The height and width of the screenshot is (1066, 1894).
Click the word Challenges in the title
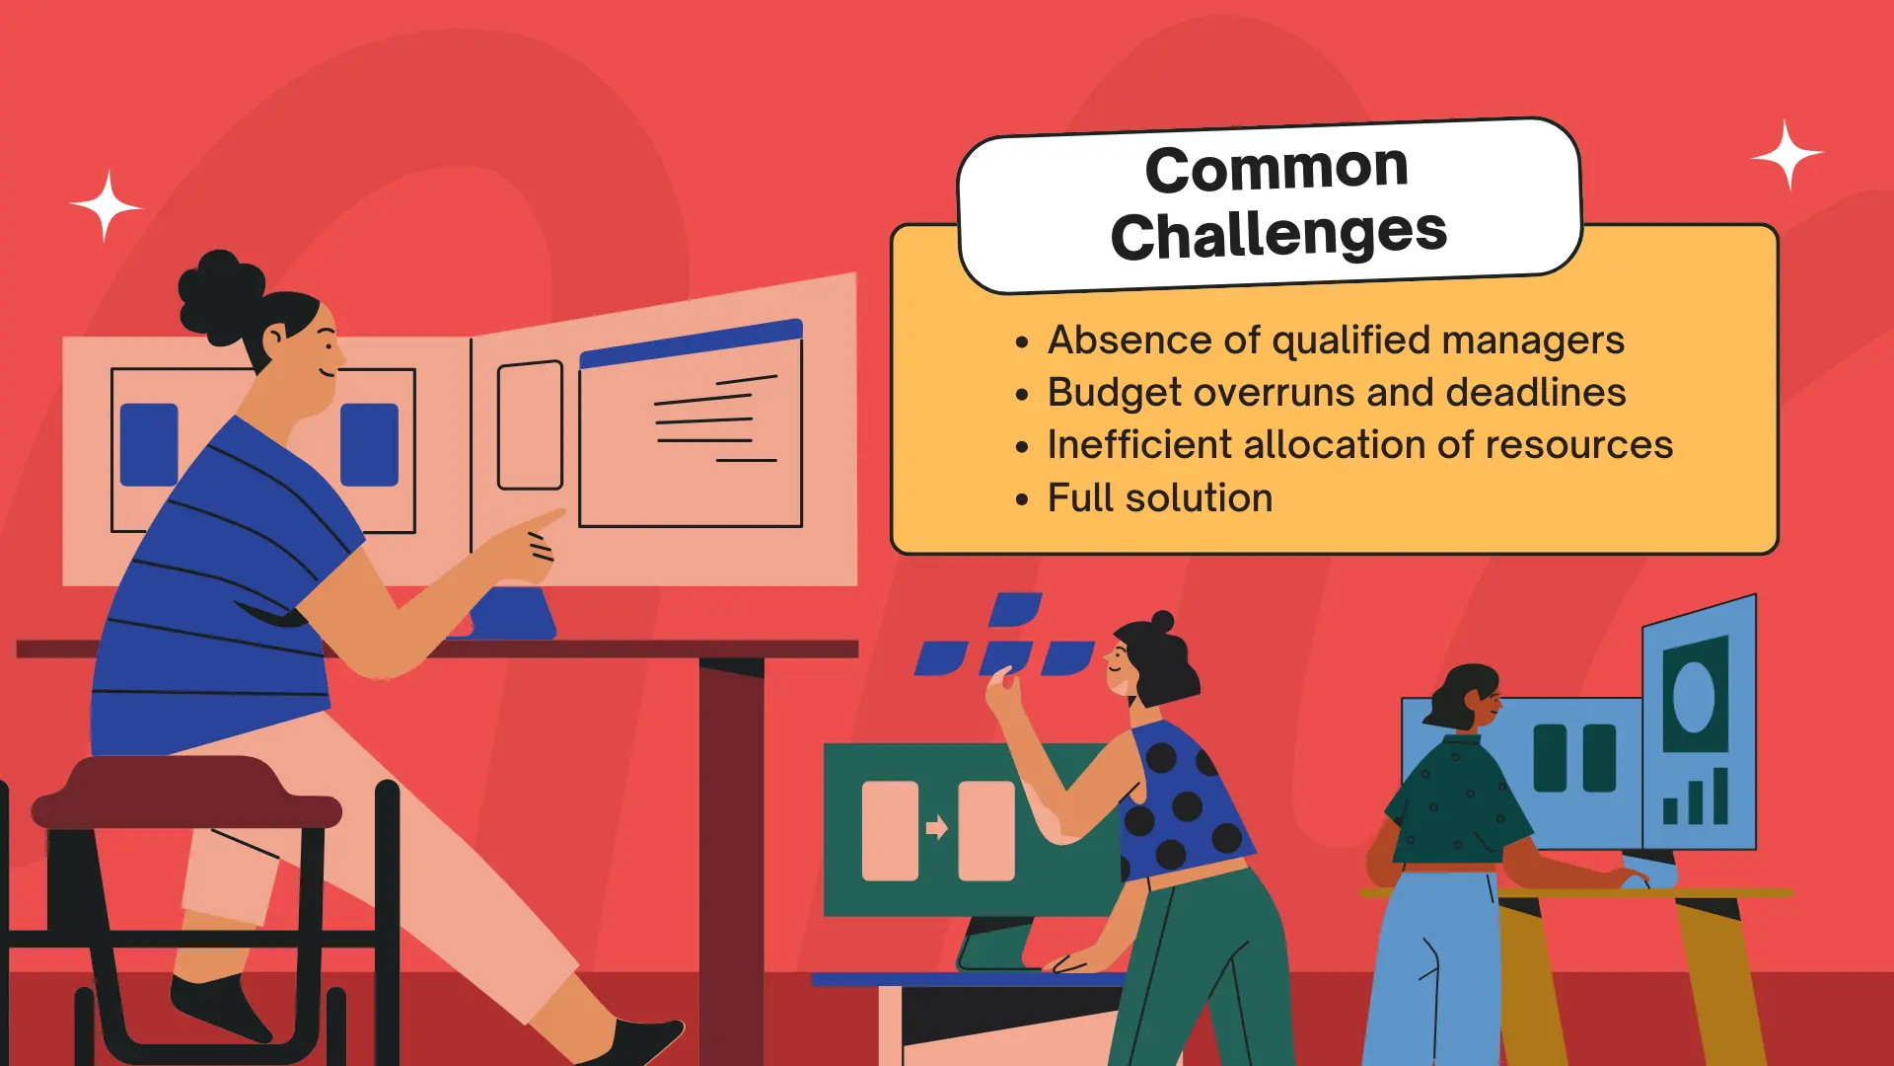(1278, 235)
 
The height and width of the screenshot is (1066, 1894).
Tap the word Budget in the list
(1115, 393)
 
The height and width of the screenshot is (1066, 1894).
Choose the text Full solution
(1160, 497)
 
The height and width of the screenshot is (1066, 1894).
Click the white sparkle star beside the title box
(1786, 155)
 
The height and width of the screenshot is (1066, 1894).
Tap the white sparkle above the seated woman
(106, 205)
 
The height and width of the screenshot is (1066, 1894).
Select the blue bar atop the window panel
(691, 343)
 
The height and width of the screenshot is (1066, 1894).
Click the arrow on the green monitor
(937, 827)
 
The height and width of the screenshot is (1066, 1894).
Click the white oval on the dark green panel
(1694, 696)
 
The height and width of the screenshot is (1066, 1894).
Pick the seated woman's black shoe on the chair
(219, 1009)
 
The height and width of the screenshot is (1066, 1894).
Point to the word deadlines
(1536, 392)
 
